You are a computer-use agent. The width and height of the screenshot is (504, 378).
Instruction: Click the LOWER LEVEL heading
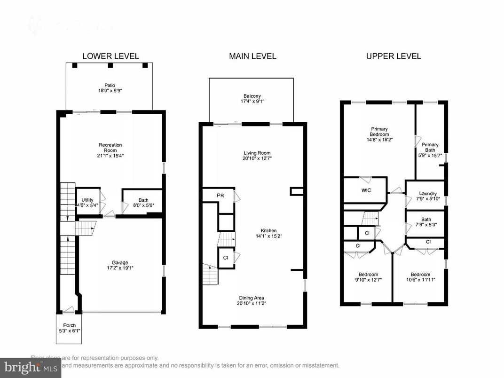coord(110,56)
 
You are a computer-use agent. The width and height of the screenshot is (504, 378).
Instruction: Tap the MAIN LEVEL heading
coord(252,56)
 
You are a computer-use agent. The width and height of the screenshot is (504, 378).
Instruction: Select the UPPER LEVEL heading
coord(394,56)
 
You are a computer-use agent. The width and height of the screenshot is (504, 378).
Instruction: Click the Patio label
coord(110,85)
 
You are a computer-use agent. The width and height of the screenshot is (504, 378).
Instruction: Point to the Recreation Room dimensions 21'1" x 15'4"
coord(110,155)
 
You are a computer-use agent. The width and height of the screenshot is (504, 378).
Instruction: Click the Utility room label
coord(87,200)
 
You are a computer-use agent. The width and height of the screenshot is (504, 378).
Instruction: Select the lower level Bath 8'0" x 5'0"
coord(143,203)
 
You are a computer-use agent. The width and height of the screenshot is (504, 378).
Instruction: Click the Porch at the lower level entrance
coord(69,328)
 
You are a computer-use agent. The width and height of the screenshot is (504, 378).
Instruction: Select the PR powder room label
coord(220,195)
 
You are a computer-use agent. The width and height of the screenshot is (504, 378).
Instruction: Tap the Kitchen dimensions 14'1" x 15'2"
coord(266,236)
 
